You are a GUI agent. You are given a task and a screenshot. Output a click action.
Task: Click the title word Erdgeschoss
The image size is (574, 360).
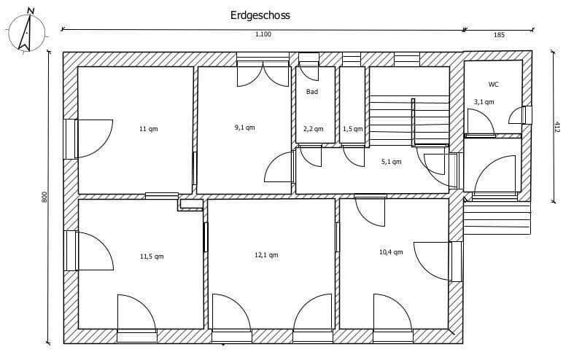[260, 14]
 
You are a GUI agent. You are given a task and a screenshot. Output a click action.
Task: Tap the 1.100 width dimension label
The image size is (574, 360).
[263, 35]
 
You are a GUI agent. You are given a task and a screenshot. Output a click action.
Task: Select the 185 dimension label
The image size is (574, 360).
[499, 35]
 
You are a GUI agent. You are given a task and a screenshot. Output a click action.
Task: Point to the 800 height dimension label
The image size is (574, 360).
[44, 197]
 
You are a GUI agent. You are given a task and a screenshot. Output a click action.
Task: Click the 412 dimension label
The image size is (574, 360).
[557, 126]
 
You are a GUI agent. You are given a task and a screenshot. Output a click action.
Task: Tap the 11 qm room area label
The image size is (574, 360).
[148, 129]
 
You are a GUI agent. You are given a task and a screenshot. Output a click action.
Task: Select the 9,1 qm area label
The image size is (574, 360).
[244, 128]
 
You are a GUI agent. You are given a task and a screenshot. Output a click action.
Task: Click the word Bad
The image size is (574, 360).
[312, 93]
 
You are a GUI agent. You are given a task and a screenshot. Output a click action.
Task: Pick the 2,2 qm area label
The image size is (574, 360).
[313, 129]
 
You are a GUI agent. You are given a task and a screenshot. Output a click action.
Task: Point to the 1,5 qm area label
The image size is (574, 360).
[352, 129]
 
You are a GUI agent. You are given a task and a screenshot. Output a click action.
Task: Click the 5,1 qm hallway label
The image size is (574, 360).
[392, 162]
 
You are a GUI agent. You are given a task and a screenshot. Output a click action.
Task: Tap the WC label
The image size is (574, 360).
[494, 85]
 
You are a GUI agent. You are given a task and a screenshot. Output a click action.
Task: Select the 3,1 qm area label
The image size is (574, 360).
[484, 102]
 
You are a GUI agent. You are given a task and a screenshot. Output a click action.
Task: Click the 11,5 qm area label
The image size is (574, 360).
[152, 257]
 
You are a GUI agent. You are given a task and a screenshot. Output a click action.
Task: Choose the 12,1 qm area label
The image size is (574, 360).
[266, 255]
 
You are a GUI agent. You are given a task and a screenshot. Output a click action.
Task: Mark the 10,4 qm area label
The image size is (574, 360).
[390, 252]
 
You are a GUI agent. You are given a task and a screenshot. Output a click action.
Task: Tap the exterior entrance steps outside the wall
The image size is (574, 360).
[496, 217]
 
